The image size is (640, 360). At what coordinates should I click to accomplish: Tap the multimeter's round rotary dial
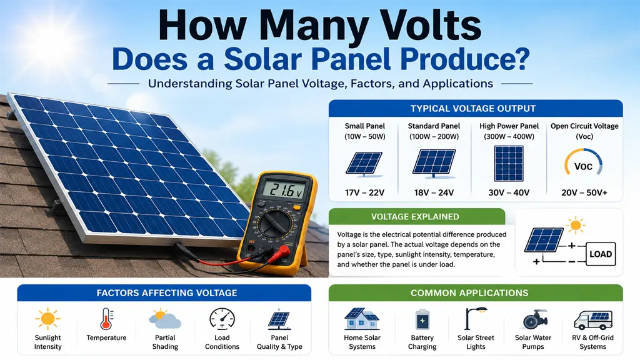pyautogui.click(x=276, y=224)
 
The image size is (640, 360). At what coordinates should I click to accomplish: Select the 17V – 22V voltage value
pyautogui.click(x=364, y=192)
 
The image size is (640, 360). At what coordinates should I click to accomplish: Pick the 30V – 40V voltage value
pyautogui.click(x=509, y=192)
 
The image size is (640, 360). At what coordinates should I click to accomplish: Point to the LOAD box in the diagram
pyautogui.click(x=601, y=254)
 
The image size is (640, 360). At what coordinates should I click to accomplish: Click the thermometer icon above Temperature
pyautogui.click(x=106, y=319)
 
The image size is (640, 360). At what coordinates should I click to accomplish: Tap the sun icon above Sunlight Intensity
pyautogui.click(x=47, y=318)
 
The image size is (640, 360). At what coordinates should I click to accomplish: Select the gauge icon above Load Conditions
pyautogui.click(x=222, y=319)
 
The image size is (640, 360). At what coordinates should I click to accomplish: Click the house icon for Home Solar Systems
pyautogui.click(x=362, y=319)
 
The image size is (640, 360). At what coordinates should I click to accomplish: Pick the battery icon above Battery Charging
pyautogui.click(x=422, y=319)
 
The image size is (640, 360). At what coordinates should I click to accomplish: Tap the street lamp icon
pyautogui.click(x=476, y=318)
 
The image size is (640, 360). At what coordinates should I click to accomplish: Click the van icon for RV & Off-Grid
pyautogui.click(x=593, y=319)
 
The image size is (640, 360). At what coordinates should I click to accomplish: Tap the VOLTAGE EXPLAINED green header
pyautogui.click(x=417, y=217)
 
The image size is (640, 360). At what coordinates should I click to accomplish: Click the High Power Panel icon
pyautogui.click(x=509, y=164)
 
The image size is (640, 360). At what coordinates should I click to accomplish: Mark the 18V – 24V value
pyautogui.click(x=434, y=192)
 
